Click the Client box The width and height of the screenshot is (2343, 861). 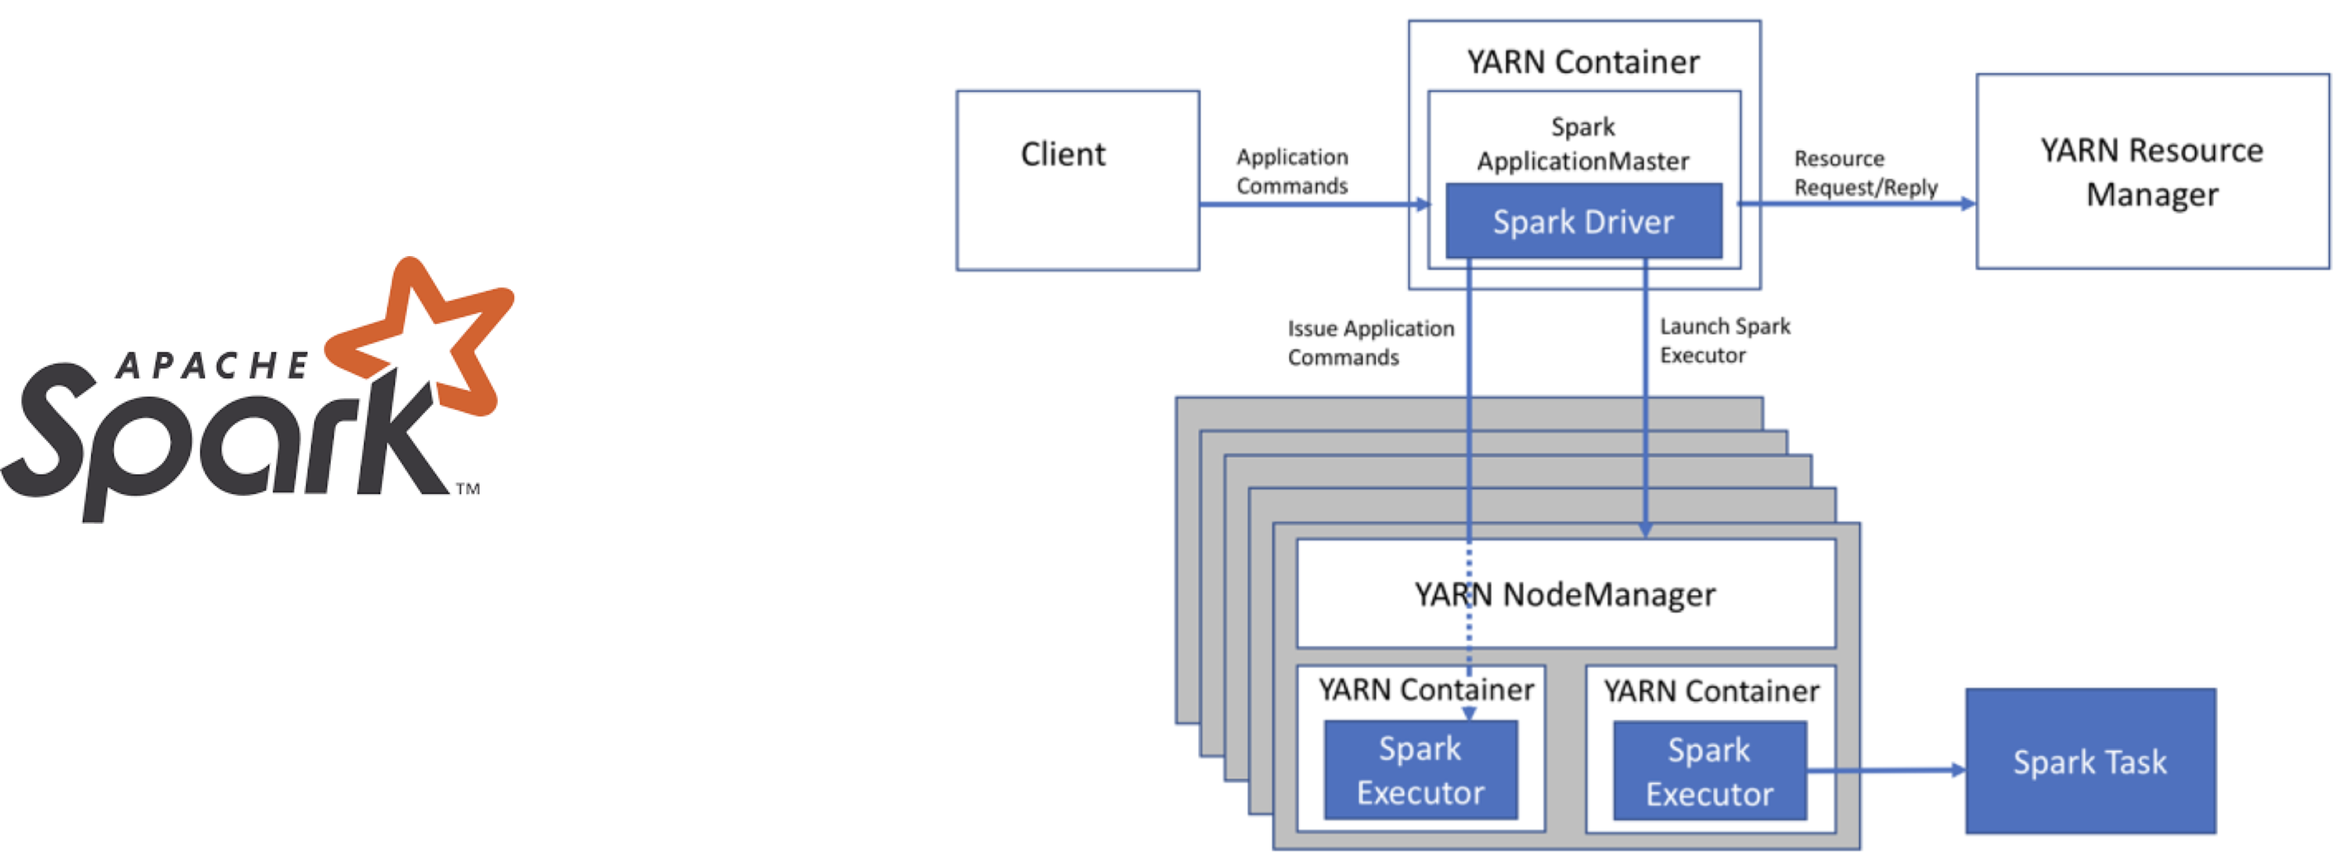1078,180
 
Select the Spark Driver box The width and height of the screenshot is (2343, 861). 1583,221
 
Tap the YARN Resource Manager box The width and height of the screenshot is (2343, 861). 2152,172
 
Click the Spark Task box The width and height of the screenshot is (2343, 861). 2090,761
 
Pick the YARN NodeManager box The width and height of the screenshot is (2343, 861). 1565,594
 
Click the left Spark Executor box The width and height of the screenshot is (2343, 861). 1420,770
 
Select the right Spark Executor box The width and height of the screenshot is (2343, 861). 1709,771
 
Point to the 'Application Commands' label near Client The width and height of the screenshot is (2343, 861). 1291,171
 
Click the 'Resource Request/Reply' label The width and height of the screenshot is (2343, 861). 1864,173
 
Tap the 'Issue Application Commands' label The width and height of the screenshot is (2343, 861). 1370,343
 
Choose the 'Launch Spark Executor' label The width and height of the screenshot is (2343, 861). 1725,340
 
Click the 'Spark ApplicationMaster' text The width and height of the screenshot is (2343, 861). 1582,144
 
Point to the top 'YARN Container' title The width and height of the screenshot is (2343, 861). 1582,62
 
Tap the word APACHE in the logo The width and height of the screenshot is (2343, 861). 212,365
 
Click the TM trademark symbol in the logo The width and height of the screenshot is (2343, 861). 467,489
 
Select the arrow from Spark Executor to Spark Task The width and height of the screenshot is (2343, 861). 1883,770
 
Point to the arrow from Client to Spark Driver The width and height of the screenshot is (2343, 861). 1310,203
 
